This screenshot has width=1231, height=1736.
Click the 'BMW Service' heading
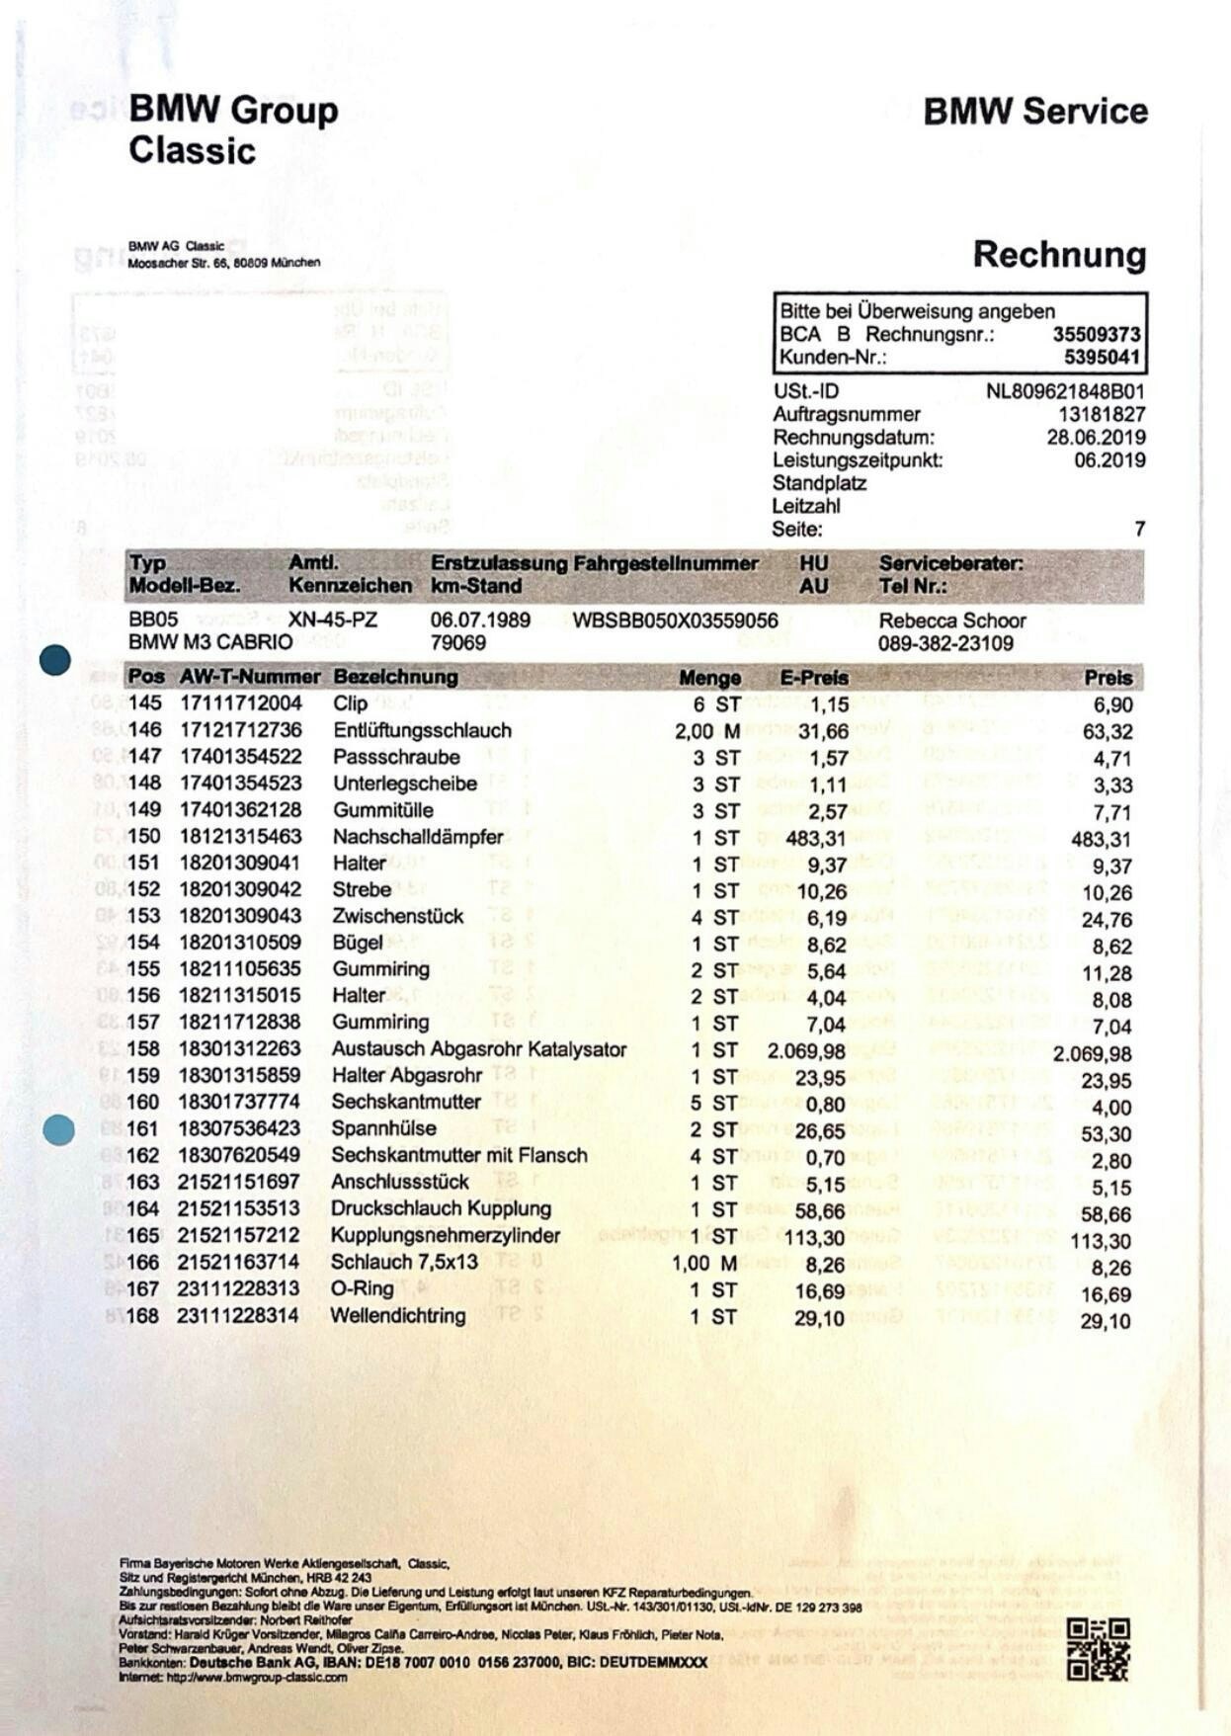coord(1035,112)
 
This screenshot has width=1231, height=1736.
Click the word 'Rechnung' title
coord(1059,255)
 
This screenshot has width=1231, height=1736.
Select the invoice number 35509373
coord(1096,334)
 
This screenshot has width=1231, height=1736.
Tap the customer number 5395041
coord(1102,357)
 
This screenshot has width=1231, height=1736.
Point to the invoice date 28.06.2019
coord(1096,437)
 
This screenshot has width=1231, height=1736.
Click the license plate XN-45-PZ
coord(333,620)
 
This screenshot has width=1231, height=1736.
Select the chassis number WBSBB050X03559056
coord(675,620)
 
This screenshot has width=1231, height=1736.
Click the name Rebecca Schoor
coord(951,620)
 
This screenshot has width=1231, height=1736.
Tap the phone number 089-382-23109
coord(945,643)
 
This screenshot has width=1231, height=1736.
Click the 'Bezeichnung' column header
coord(395,677)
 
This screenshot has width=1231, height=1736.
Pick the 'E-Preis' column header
coord(813,678)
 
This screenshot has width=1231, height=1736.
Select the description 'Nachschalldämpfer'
coord(418,837)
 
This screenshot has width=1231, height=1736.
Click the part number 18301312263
coord(239,1048)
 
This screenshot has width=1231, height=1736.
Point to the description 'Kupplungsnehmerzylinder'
coord(445,1235)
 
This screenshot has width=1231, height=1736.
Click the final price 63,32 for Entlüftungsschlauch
coord(1108,732)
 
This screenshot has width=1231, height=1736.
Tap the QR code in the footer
coord(1097,1650)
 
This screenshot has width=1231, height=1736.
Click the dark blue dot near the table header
coord(55,660)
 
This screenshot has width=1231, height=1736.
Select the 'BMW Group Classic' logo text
coord(233,129)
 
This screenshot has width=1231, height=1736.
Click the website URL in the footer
coord(232,1677)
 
